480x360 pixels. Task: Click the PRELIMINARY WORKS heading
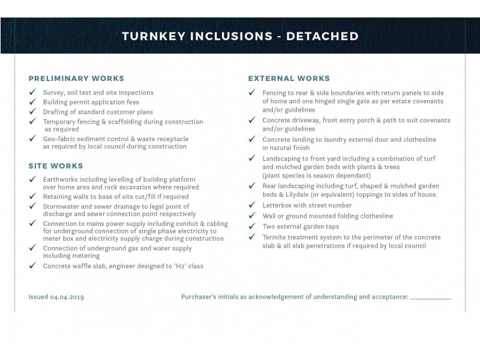76,79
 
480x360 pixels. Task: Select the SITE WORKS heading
56,166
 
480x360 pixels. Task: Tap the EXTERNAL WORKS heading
289,79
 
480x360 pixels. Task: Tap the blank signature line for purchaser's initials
430,297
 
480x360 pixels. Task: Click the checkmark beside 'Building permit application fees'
32,102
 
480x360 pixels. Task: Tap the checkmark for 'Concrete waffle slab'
32,266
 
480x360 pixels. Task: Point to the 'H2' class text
187,266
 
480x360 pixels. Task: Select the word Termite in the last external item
274,237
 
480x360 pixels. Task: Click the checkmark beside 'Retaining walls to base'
32,196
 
